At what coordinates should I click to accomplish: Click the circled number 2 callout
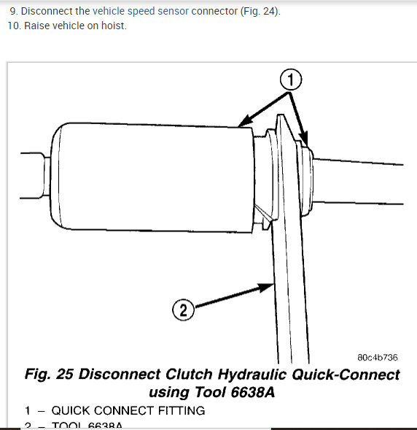point(184,310)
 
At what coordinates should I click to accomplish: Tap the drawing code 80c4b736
point(377,358)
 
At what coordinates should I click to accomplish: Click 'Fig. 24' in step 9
point(260,12)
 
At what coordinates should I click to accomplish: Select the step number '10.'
point(15,26)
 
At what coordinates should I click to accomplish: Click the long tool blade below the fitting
point(289,292)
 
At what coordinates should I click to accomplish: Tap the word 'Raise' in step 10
point(36,26)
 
